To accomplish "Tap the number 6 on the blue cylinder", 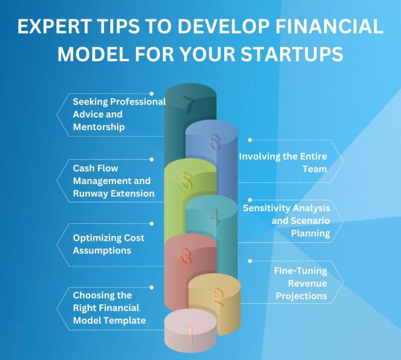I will point(215,142).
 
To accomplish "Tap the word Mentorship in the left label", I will point(99,127).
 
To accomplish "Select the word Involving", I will point(259,156).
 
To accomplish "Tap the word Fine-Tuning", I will point(300,271).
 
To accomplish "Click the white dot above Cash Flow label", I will point(151,159).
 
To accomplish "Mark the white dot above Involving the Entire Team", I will point(250,140).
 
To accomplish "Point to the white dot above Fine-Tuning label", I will point(250,261).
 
